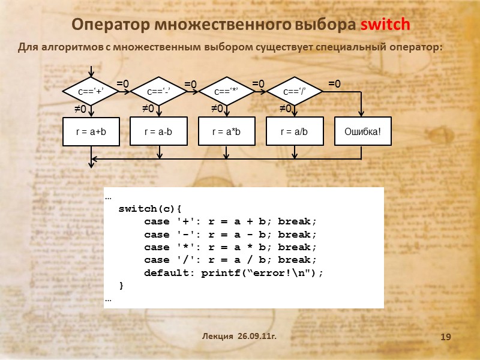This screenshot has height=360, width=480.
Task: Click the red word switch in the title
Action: coord(385,25)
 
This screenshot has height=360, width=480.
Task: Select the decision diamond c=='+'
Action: coord(91,91)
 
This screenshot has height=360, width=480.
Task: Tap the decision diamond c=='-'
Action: coord(159,91)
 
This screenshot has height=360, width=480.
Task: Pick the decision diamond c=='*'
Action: coord(227,91)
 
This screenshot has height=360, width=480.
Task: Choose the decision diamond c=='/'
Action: coord(295,91)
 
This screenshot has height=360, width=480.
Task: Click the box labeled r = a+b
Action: coord(91,131)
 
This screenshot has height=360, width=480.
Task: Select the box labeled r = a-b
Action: coord(159,131)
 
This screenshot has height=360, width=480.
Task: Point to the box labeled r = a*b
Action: coord(227,131)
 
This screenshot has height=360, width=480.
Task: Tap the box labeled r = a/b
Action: coord(295,131)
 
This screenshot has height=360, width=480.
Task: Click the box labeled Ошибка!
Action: coord(362,131)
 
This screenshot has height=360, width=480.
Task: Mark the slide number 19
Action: coord(445,338)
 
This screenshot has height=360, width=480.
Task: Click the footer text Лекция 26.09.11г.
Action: coord(239,337)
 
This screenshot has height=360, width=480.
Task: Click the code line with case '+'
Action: coord(230,221)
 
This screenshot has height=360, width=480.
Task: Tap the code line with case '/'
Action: coord(230,260)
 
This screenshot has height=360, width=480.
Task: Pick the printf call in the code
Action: coord(262,272)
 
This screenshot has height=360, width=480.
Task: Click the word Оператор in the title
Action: coord(110,25)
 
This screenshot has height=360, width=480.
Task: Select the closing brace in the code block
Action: coord(122,285)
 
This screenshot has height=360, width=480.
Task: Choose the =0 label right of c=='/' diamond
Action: coord(334,84)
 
